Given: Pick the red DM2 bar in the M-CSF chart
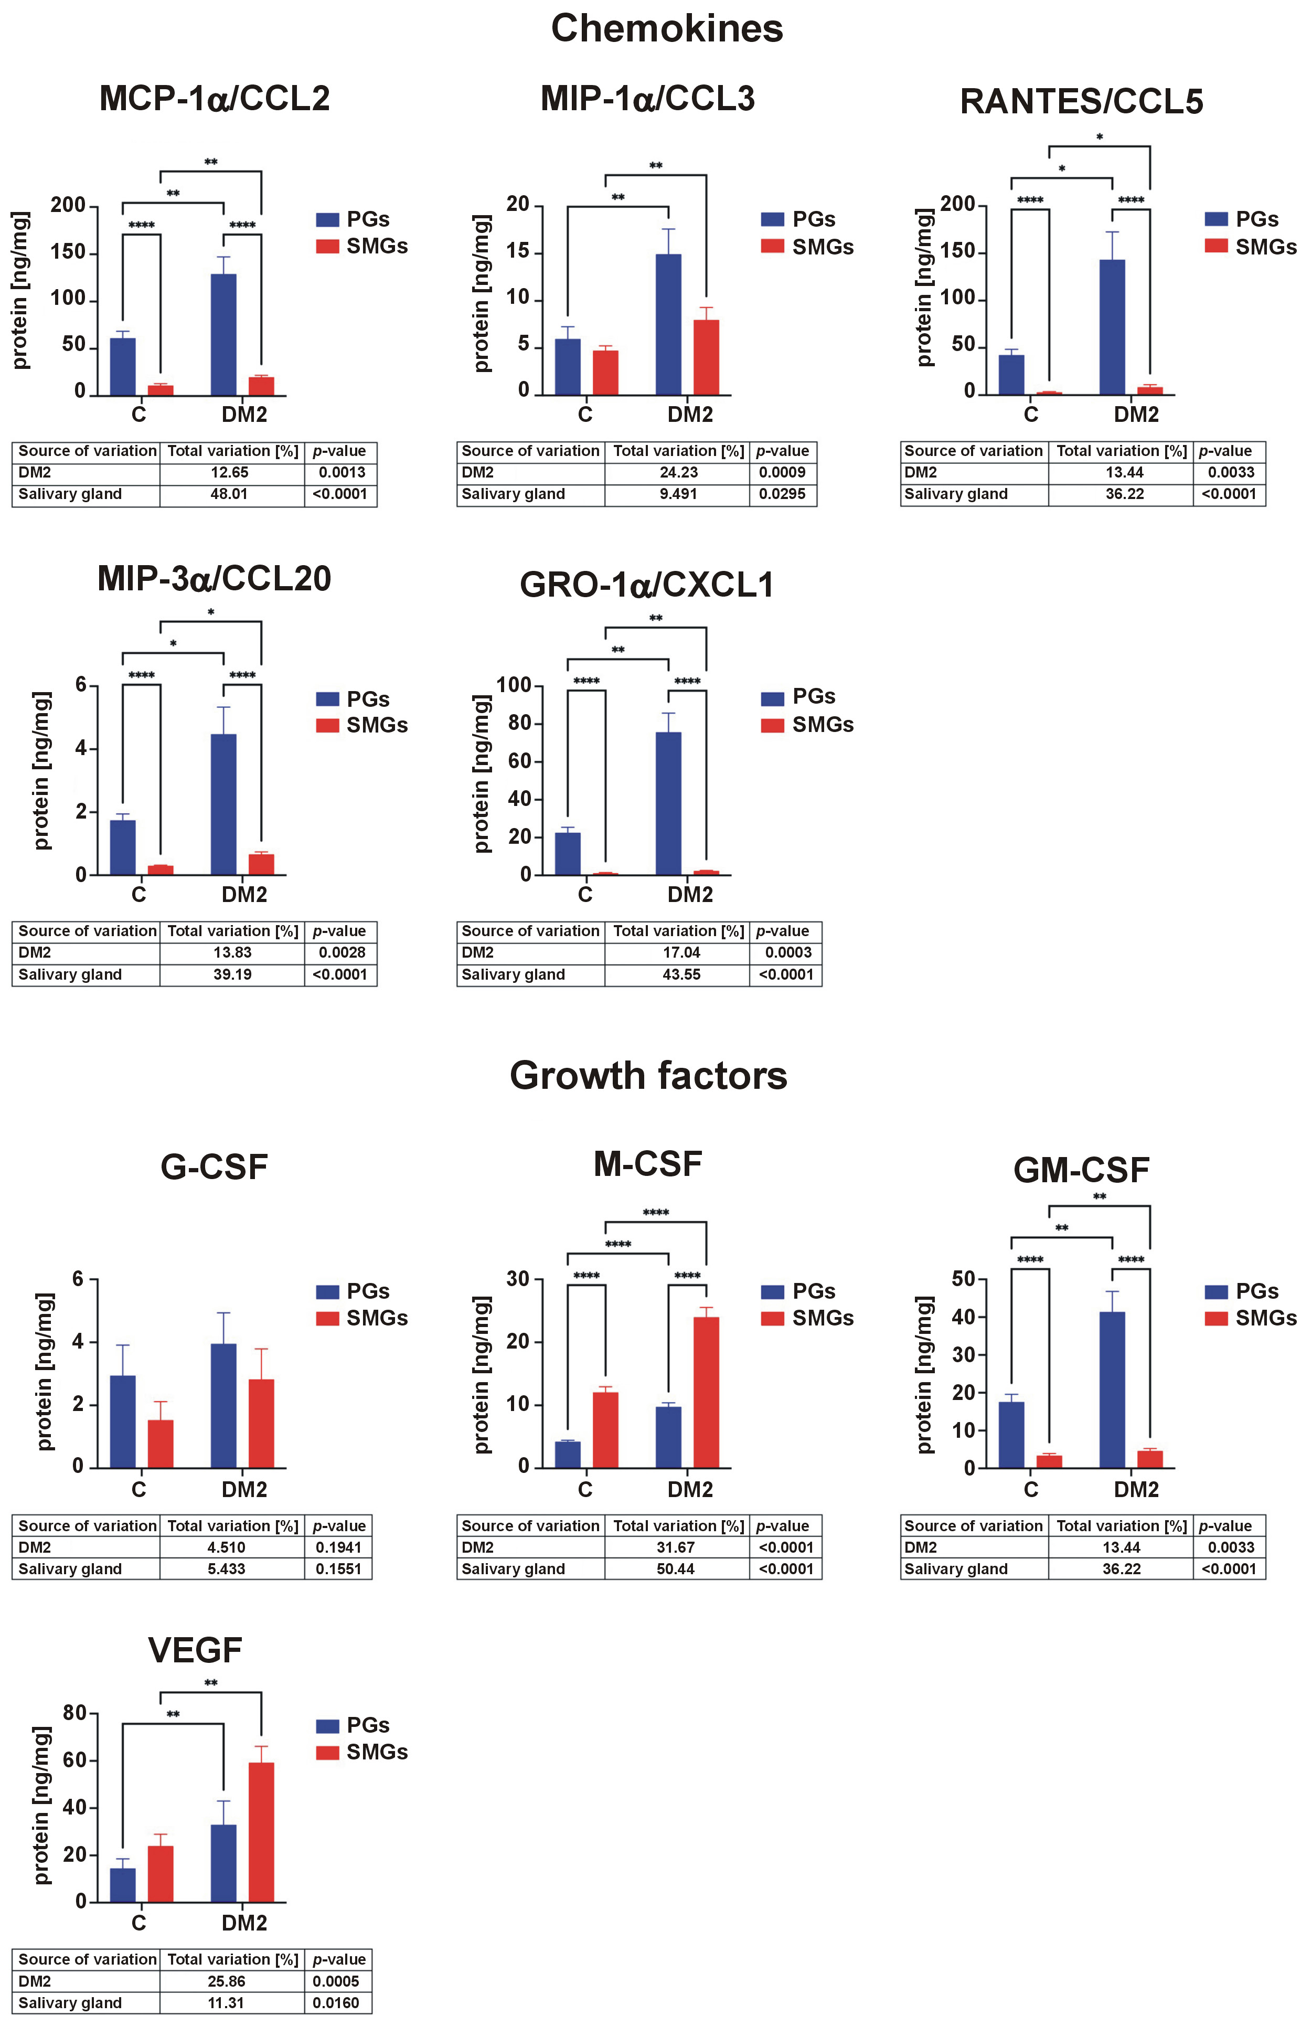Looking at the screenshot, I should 706,1392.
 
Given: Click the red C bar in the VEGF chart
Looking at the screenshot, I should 161,1874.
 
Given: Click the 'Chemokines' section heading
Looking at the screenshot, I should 667,29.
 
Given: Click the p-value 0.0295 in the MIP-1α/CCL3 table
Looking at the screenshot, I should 782,494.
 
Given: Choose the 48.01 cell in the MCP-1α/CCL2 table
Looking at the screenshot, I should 229,494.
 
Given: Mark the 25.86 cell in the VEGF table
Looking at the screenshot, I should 227,1981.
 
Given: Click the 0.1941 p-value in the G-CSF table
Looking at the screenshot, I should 338,1548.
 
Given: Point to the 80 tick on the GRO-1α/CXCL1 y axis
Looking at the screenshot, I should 514,723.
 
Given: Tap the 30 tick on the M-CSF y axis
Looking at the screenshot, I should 518,1279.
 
